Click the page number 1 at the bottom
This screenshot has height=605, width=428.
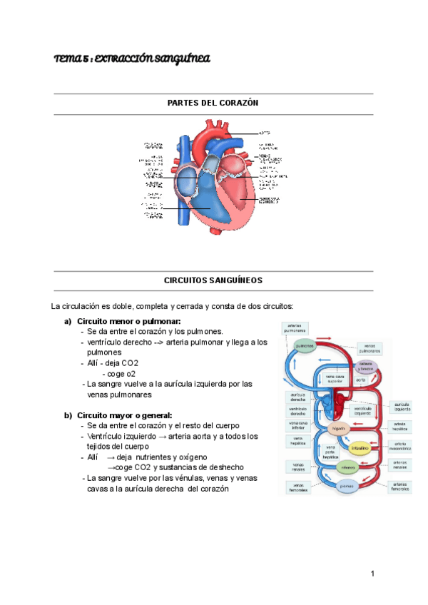click(x=372, y=574)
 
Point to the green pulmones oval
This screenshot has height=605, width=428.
click(x=305, y=345)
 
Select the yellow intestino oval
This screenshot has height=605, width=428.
click(x=359, y=448)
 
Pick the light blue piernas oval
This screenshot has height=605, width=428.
click(x=346, y=487)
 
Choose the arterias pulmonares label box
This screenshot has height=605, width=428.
click(x=295, y=328)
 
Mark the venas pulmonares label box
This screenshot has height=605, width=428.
click(x=370, y=347)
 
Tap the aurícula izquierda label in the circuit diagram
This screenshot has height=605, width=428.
click(x=402, y=406)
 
